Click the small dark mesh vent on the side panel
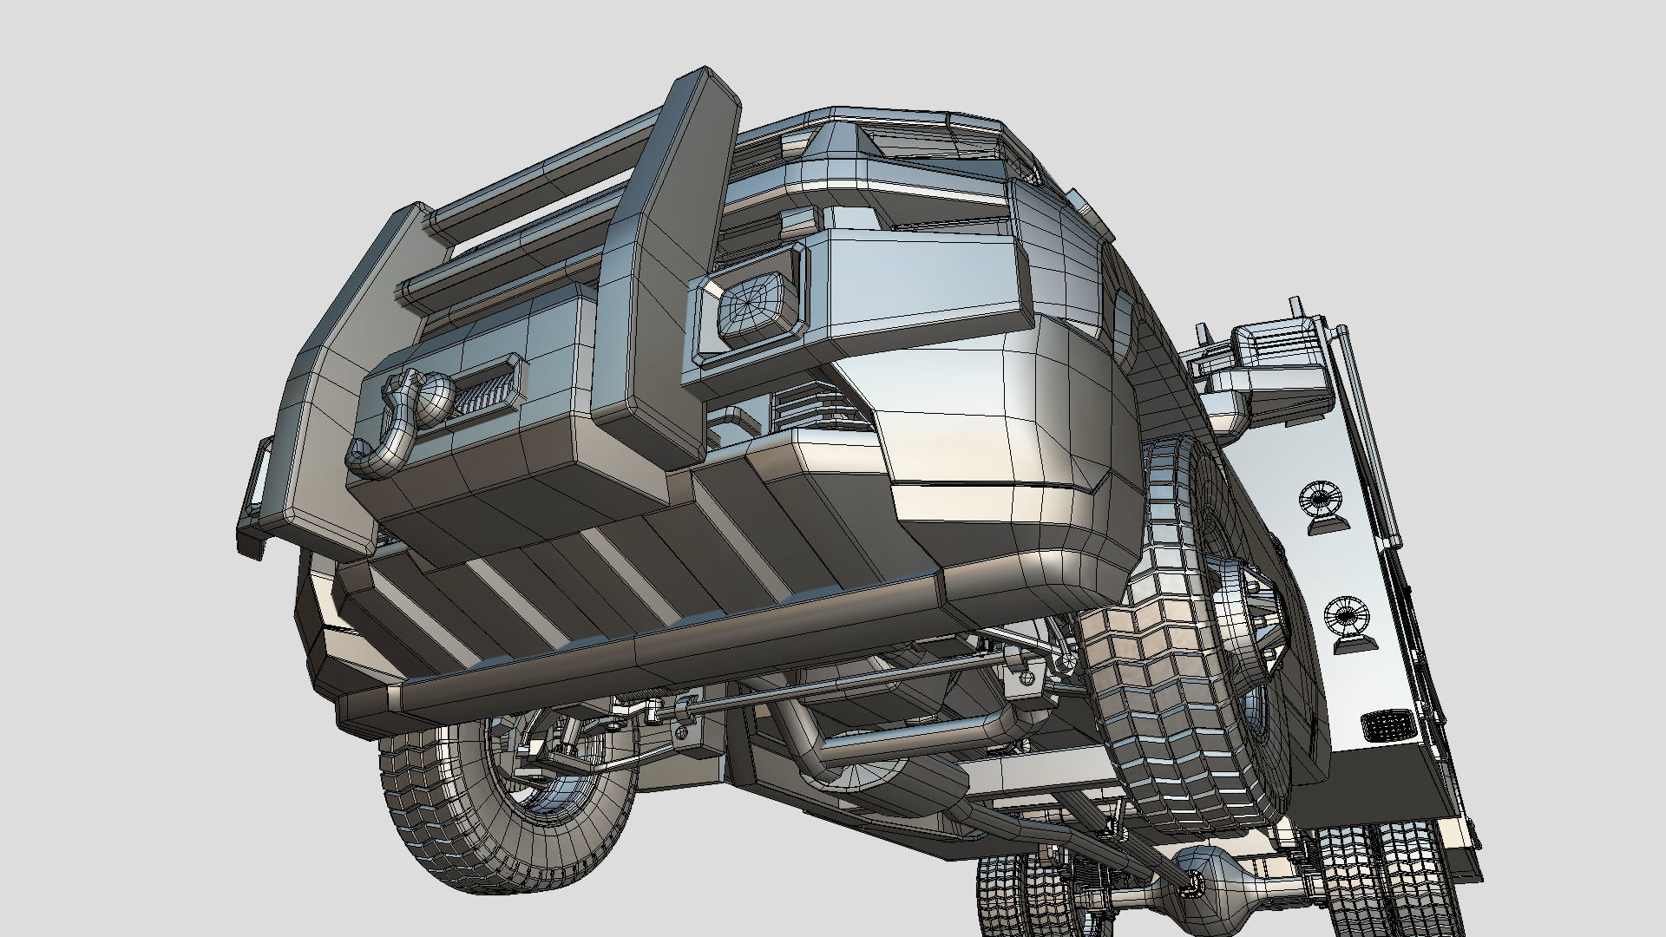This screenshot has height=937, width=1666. (x=1383, y=724)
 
